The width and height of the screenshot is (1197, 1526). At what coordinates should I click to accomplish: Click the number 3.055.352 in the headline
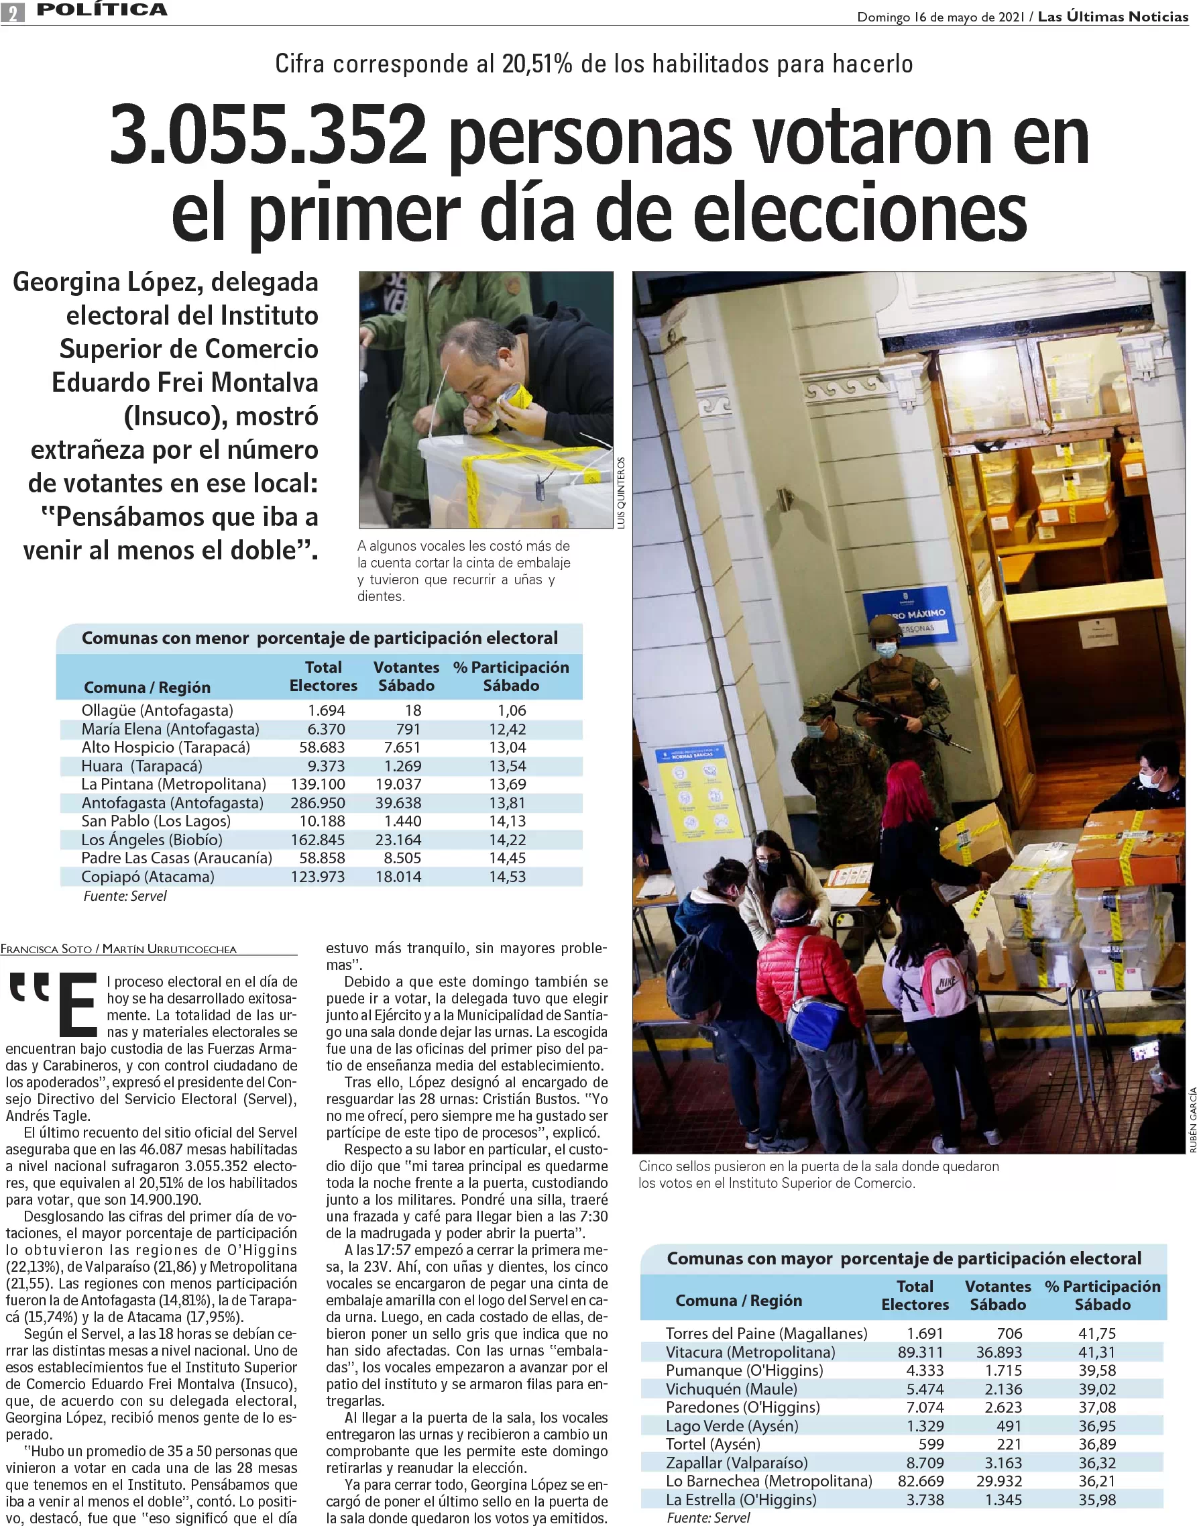(x=268, y=135)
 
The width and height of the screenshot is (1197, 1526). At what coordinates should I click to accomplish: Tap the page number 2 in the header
(x=13, y=12)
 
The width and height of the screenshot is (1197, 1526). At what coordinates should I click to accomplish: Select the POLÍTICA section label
(x=102, y=10)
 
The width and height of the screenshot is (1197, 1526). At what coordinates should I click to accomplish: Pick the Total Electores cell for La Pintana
(x=318, y=783)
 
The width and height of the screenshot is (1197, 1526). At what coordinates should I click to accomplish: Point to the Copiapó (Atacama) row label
(x=148, y=876)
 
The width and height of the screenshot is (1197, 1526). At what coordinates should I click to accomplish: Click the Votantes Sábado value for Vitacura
(x=999, y=1352)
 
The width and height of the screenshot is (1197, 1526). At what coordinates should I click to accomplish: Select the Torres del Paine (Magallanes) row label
(x=766, y=1333)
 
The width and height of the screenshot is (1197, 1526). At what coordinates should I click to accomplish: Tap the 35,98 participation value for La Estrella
(x=1097, y=1499)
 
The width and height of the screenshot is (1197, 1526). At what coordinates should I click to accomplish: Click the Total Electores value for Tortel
(x=931, y=1444)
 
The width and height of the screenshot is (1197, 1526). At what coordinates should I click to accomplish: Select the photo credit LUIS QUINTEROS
(x=621, y=492)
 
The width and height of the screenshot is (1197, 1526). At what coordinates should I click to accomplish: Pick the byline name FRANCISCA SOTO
(x=46, y=949)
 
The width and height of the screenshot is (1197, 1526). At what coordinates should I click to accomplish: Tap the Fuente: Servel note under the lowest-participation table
(x=125, y=896)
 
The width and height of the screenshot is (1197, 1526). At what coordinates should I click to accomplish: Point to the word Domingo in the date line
(x=883, y=17)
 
